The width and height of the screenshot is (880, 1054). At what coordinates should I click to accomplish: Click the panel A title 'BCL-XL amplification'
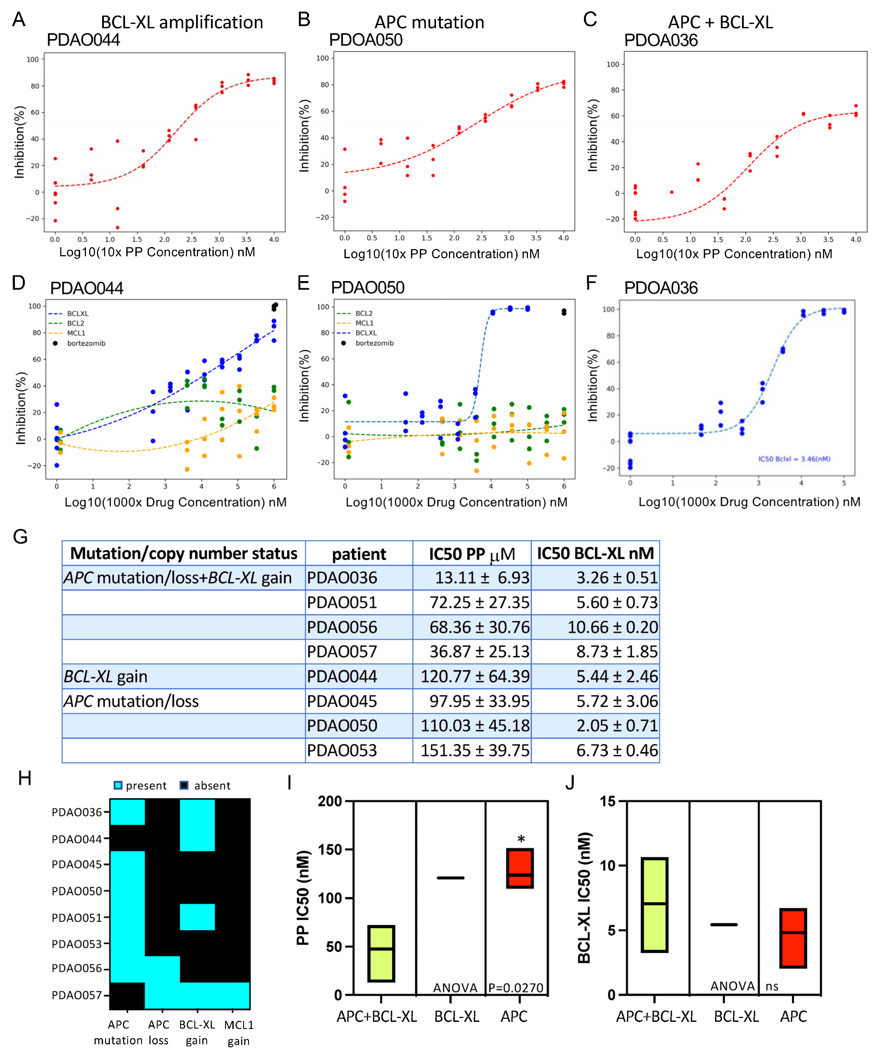182,23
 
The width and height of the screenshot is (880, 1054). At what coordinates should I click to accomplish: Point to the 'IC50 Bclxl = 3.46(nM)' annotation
794,459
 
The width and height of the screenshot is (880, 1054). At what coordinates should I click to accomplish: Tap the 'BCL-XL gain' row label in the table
105,677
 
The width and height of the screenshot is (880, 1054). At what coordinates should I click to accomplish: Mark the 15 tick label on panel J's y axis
607,801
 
